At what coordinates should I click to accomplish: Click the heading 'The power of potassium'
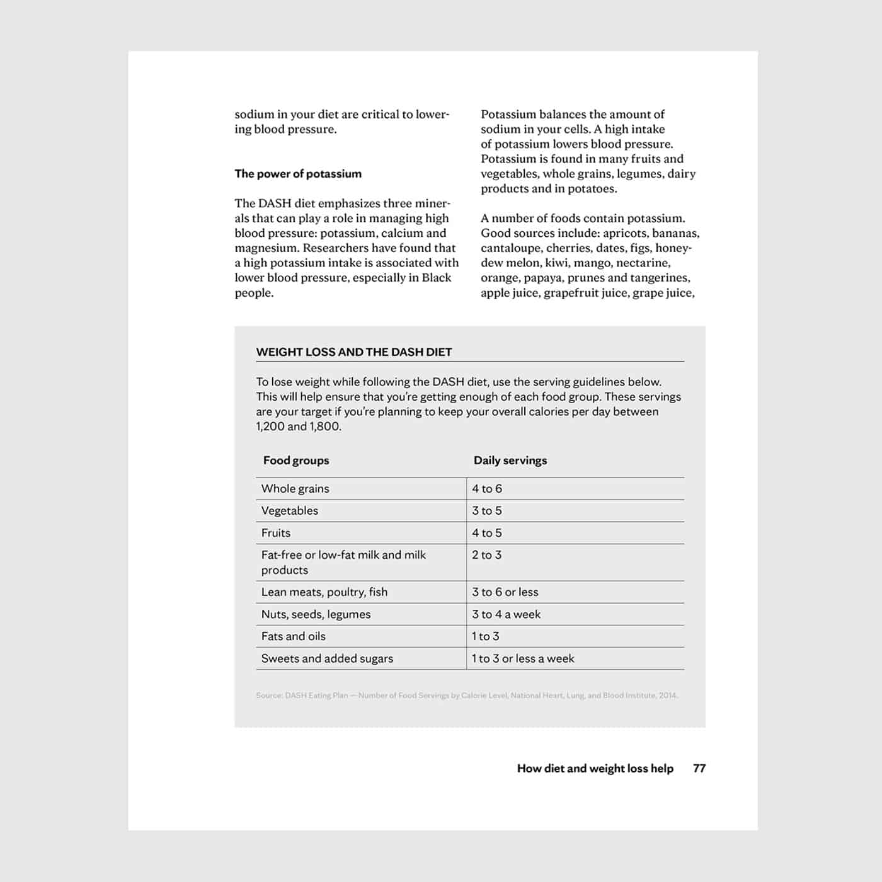click(298, 174)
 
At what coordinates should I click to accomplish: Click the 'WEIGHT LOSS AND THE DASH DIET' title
click(353, 352)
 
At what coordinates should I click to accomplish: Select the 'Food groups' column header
click(296, 461)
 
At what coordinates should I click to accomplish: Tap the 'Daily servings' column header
click(510, 461)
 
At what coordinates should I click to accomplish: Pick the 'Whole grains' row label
click(295, 489)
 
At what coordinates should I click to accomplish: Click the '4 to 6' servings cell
click(487, 489)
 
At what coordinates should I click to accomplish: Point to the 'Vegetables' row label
click(290, 511)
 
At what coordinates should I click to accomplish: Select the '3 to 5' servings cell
click(487, 511)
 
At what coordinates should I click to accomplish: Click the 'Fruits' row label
click(276, 533)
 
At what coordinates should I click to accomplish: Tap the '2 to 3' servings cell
click(487, 555)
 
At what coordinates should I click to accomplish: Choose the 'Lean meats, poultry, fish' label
click(324, 592)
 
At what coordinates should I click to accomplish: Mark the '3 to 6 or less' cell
click(505, 592)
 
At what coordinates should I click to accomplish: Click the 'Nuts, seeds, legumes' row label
click(316, 614)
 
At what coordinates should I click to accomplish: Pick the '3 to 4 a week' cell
click(507, 614)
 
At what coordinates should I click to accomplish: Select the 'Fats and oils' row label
click(294, 636)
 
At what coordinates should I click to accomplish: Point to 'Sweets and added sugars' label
click(327, 659)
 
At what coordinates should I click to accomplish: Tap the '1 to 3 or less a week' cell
click(523, 659)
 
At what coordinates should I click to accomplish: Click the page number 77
click(699, 769)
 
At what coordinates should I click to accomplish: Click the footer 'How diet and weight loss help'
click(595, 769)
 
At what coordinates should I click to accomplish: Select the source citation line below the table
click(467, 696)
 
